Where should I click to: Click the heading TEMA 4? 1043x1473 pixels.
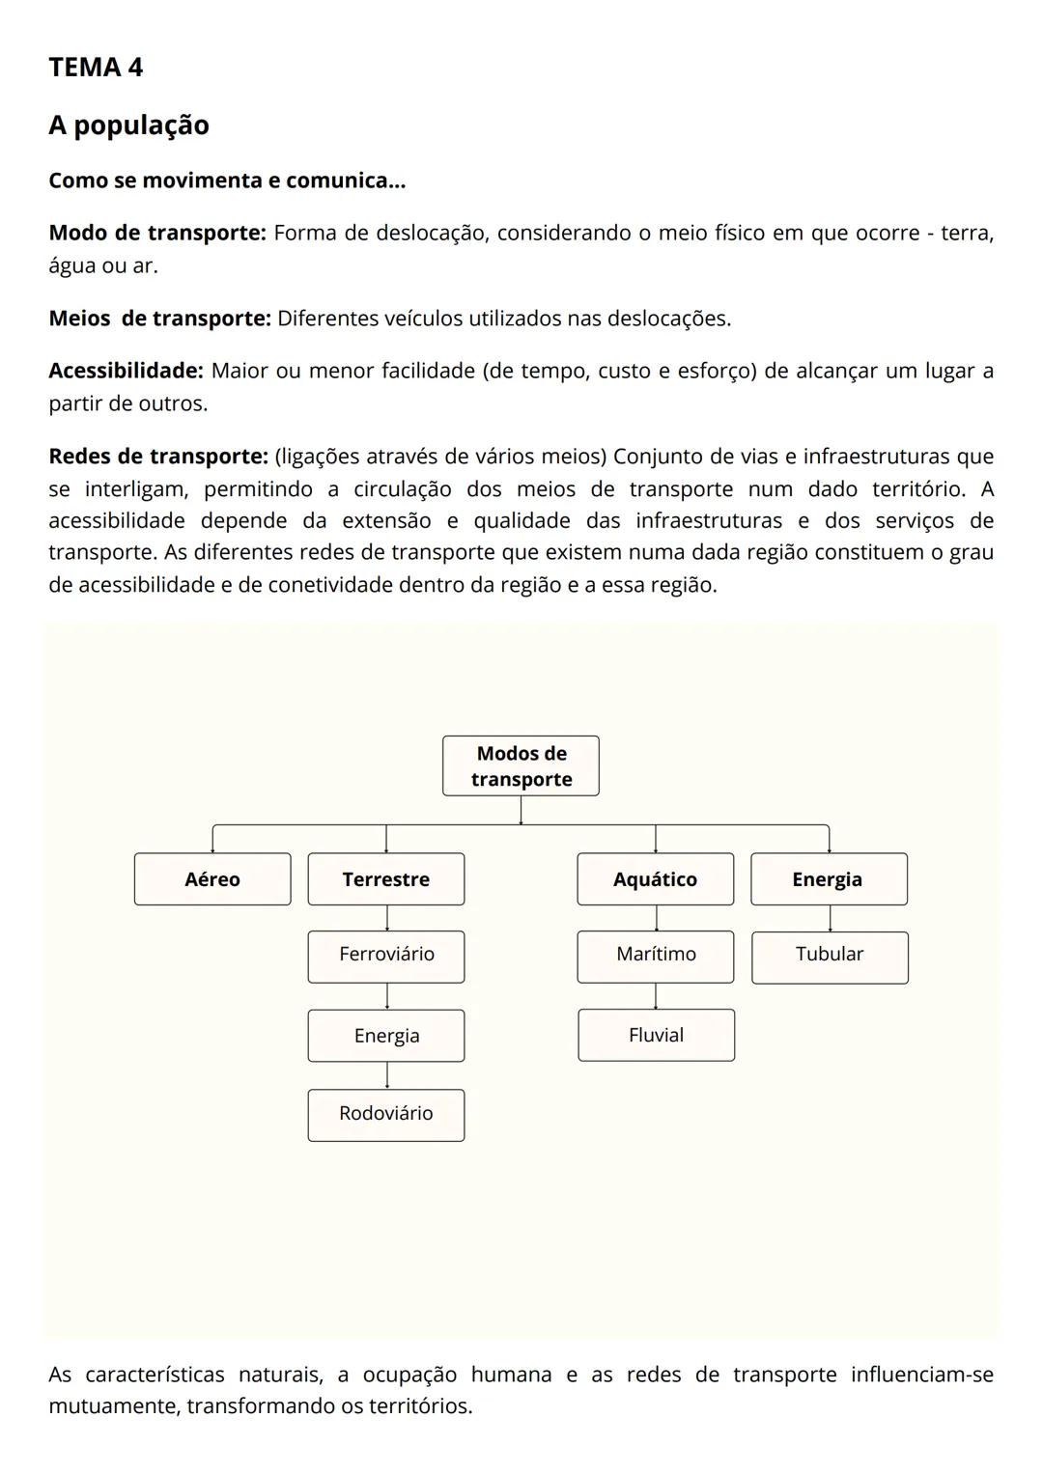point(96,68)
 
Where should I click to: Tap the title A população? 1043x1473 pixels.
point(128,125)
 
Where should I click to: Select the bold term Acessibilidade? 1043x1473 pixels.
point(126,371)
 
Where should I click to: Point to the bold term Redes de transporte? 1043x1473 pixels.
point(158,456)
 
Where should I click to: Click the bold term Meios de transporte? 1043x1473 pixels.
point(159,319)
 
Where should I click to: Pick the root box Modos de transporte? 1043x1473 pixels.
point(521,766)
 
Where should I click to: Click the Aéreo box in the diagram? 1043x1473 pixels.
point(212,879)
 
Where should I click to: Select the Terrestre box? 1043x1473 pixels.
point(386,879)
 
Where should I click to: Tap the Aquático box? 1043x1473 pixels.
point(655,879)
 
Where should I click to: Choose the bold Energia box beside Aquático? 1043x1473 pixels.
point(829,879)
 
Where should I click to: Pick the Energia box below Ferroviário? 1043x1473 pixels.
point(386,1036)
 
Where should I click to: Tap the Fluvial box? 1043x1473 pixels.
point(656,1035)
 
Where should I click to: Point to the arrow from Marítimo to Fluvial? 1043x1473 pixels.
point(656,996)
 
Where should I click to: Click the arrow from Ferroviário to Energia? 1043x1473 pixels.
point(386,996)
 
